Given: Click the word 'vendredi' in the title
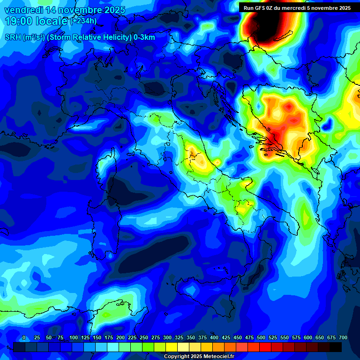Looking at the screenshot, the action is coord(23,10).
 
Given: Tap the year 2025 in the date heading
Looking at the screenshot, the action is coord(112,10).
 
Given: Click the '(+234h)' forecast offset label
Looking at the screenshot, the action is coord(84,21).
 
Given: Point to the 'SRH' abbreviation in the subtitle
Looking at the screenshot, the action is coord(13,37).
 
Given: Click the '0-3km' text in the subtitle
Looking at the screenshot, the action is coord(144,37).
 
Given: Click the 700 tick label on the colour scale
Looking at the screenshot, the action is coord(343,337).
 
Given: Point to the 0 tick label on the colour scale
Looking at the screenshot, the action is coord(24,337).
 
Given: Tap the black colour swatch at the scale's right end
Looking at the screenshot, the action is coord(336,347).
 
